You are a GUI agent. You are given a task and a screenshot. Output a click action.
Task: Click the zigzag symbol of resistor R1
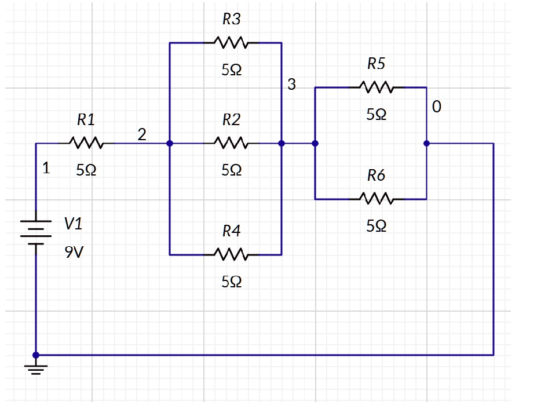point(86,143)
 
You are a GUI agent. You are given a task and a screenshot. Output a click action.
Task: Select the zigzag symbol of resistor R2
point(231,143)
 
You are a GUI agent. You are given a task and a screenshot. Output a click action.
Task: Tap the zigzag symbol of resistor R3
point(231,42)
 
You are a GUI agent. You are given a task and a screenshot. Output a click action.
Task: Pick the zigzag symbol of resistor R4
point(231,254)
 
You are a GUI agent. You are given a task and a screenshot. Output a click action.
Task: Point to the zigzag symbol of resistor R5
point(376,87)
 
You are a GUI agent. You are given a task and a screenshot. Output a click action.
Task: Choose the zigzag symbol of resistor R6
point(376,199)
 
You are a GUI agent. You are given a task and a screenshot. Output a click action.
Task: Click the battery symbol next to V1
point(36,232)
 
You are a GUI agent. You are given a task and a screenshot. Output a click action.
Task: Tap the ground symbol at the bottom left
point(36,368)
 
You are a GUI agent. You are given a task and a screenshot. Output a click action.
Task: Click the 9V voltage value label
point(74,253)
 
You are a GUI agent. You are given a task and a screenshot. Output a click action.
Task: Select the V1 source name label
point(73,223)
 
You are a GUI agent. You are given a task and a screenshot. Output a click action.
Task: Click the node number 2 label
point(141,134)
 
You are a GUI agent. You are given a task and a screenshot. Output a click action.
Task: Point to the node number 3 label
point(291,85)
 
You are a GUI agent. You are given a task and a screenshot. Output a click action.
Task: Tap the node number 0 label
point(436,107)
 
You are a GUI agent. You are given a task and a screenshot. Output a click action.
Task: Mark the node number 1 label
point(47,169)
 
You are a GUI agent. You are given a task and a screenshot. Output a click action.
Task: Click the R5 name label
point(376,63)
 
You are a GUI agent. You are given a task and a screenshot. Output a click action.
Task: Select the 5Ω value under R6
point(376,227)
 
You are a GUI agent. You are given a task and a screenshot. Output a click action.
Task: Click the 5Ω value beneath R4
point(231,282)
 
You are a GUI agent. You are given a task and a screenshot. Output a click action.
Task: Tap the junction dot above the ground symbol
point(36,355)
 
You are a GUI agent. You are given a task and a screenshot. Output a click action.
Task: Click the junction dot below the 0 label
point(426,143)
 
